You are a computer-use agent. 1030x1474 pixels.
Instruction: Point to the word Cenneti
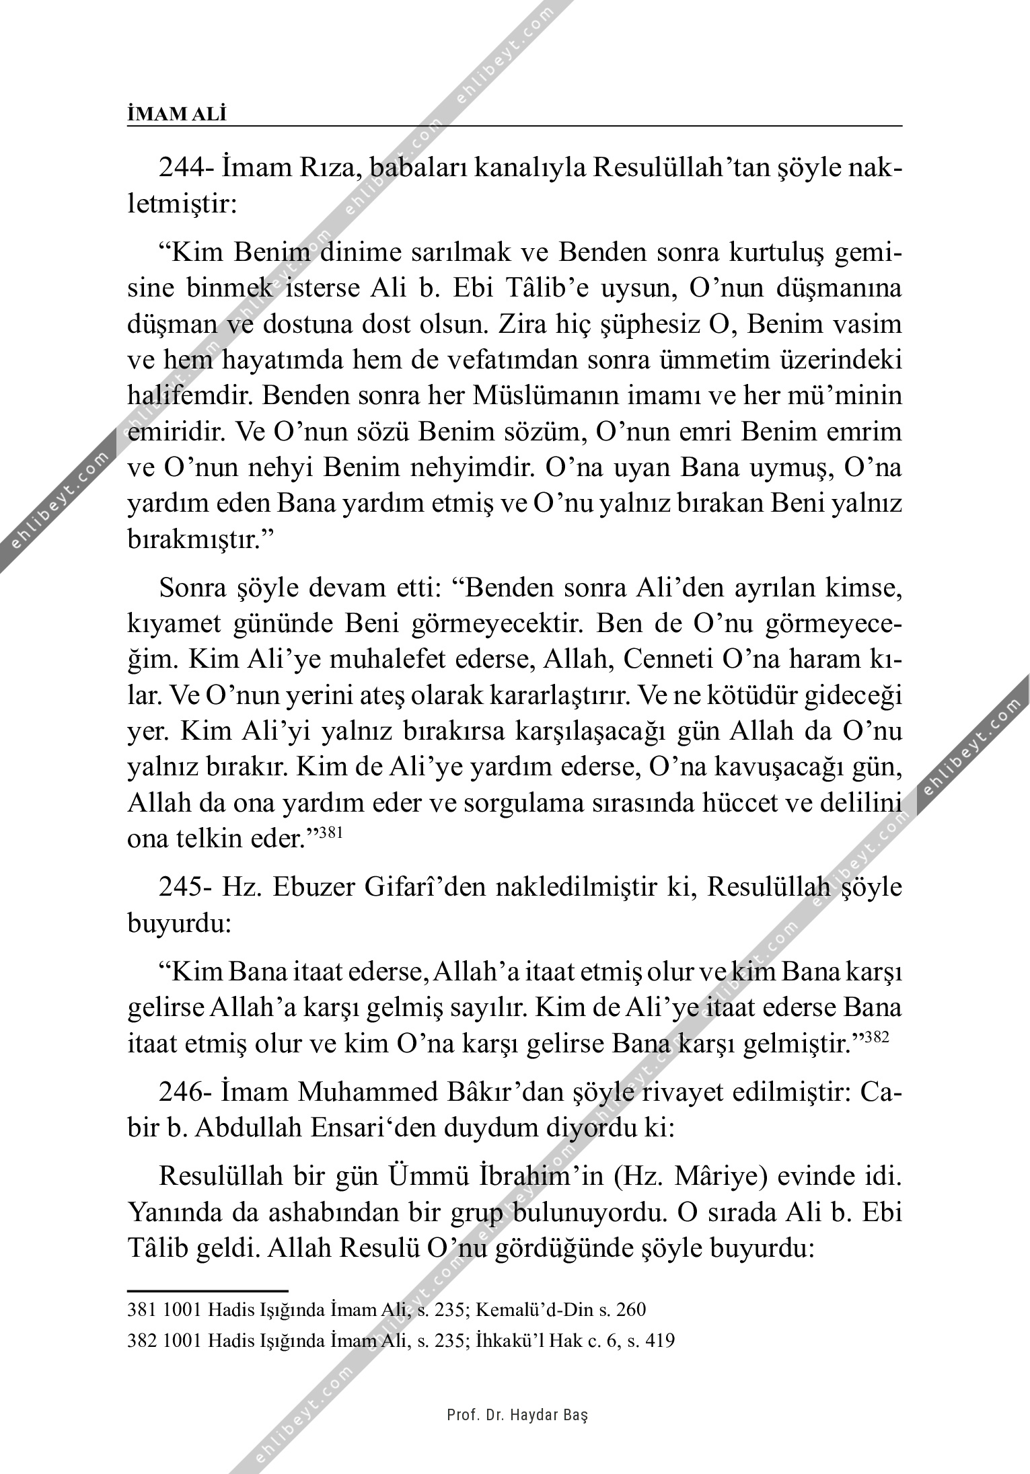667,660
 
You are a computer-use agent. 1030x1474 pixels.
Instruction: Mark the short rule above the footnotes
207,1290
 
